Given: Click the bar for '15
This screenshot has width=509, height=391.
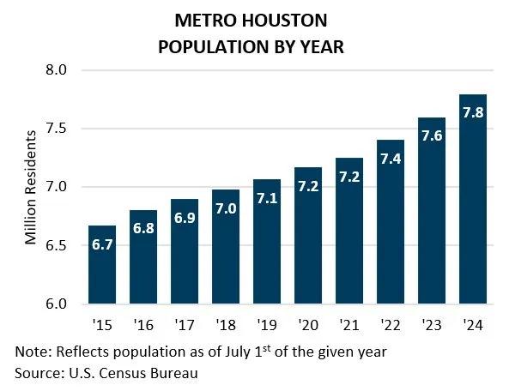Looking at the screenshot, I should tap(102, 265).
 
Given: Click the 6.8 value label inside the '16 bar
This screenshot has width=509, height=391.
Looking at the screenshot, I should tap(143, 229).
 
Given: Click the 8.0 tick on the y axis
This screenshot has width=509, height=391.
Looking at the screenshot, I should tap(58, 70).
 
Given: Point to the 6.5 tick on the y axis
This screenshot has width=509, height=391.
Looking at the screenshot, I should tap(58, 245).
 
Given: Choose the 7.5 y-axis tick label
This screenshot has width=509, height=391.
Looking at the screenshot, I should tap(58, 129).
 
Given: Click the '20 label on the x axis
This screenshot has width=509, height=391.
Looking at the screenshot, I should tap(308, 326).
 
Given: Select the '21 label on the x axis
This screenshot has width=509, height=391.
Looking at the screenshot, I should tap(349, 326).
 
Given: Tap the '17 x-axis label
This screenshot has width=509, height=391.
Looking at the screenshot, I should tap(185, 326).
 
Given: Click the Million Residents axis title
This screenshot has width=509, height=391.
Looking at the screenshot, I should tap(31, 187).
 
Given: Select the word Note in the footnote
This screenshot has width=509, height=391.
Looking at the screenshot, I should tap(30, 352).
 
